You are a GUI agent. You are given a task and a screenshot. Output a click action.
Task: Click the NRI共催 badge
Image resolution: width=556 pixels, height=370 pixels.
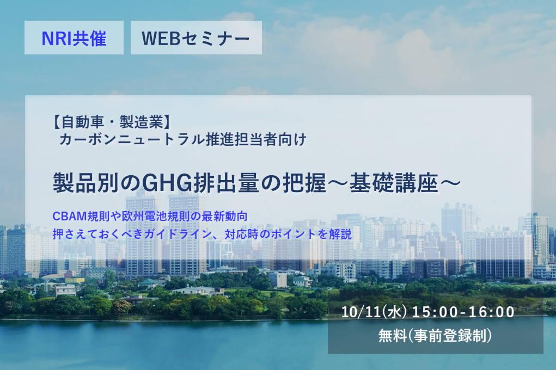pyautogui.click(x=74, y=38)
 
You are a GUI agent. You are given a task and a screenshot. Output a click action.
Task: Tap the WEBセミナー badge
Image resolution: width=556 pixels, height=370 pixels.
pyautogui.click(x=196, y=38)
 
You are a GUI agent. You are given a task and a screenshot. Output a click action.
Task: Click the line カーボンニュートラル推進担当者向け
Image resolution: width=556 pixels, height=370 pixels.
pyautogui.click(x=182, y=139)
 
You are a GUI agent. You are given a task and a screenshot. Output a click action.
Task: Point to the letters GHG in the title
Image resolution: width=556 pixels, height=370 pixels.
pyautogui.click(x=167, y=183)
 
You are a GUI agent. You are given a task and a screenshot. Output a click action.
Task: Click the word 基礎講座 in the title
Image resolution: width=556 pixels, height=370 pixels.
pyautogui.click(x=394, y=183)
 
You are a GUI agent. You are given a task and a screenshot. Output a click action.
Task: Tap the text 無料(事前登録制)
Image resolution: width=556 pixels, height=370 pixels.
pyautogui.click(x=435, y=335)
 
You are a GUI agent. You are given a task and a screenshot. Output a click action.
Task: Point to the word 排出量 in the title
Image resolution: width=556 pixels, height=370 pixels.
pyautogui.click(x=226, y=183)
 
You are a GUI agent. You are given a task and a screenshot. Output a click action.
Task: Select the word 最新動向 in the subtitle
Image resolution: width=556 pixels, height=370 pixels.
pyautogui.click(x=225, y=216)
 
